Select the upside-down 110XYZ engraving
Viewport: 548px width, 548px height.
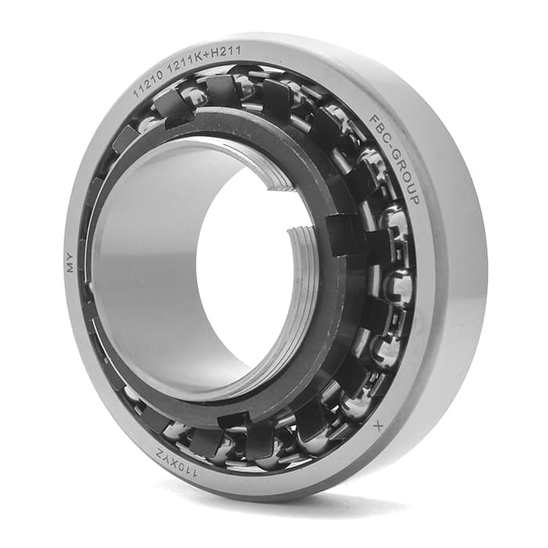tap(175, 465)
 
